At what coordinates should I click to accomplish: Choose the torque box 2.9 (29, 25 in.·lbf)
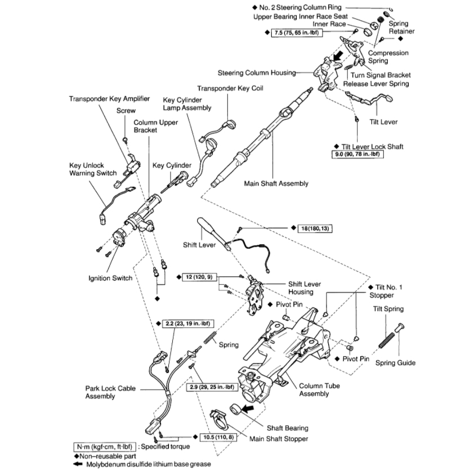211,388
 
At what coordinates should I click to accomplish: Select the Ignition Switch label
110,278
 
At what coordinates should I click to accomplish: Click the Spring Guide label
395,363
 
